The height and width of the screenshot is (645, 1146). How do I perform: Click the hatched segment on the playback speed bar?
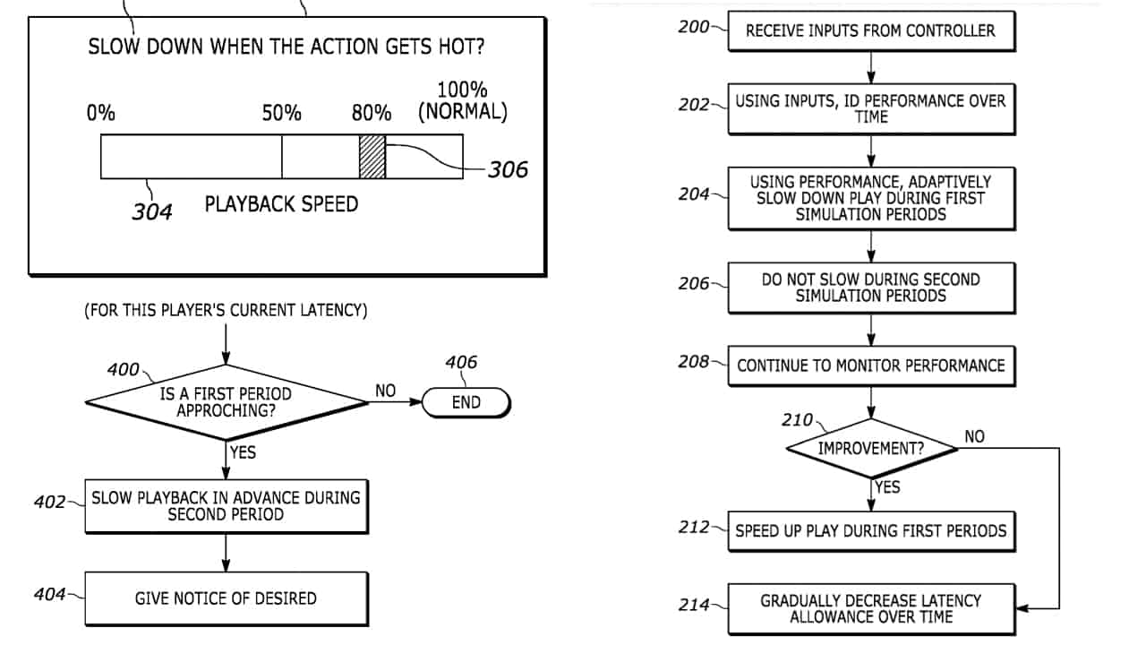(x=372, y=157)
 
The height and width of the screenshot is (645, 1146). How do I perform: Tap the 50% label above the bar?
(x=281, y=114)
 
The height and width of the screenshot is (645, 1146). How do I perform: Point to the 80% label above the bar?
(x=372, y=114)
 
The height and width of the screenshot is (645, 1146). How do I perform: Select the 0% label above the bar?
(x=101, y=114)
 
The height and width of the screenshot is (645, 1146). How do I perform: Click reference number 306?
(x=508, y=168)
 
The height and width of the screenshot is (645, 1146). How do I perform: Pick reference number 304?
(x=152, y=212)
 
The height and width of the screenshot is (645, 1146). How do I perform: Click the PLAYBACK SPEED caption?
(x=281, y=204)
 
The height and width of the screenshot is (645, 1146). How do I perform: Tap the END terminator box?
(x=466, y=402)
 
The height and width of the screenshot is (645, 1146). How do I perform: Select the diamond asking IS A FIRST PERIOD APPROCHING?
(x=226, y=402)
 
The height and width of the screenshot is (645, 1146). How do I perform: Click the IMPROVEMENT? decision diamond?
(x=871, y=448)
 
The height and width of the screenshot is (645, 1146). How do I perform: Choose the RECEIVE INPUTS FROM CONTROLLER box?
(x=870, y=30)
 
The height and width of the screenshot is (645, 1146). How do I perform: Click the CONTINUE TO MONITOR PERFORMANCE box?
(x=870, y=365)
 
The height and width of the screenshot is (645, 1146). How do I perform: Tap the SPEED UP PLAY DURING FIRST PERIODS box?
(x=870, y=530)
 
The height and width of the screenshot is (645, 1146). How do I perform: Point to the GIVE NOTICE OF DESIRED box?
(x=226, y=598)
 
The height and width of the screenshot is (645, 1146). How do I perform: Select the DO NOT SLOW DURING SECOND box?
(x=870, y=288)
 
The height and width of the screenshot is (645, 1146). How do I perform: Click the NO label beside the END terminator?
(x=386, y=391)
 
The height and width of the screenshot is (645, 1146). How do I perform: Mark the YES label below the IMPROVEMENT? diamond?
(x=887, y=487)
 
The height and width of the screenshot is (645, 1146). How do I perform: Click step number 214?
(x=694, y=605)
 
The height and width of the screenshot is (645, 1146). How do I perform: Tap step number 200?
(x=694, y=27)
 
